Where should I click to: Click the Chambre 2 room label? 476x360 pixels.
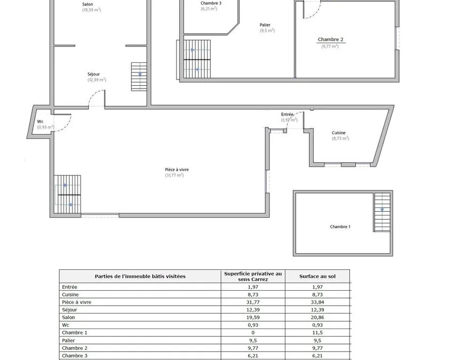point(330,39)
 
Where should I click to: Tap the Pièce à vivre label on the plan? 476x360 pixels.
point(177,170)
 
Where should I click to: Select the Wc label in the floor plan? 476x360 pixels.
point(40,121)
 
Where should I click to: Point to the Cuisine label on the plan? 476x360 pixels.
point(338,133)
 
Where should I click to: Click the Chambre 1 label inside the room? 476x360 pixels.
point(340,227)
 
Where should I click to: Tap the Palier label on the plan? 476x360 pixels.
point(265,25)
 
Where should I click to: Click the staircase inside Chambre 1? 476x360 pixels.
point(382,212)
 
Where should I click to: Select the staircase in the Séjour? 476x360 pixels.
point(139,77)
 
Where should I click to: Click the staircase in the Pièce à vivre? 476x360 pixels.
point(67,195)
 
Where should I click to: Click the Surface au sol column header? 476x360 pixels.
point(317,276)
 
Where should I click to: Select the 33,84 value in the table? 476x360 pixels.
point(317,302)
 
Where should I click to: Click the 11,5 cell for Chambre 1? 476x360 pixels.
point(317,332)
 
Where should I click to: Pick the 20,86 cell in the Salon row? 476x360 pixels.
point(317,317)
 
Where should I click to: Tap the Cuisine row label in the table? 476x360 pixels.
point(70,294)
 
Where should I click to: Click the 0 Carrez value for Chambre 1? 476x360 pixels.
point(253,332)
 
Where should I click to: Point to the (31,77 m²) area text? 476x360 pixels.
point(174,175)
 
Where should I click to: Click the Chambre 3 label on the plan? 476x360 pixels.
point(211,3)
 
